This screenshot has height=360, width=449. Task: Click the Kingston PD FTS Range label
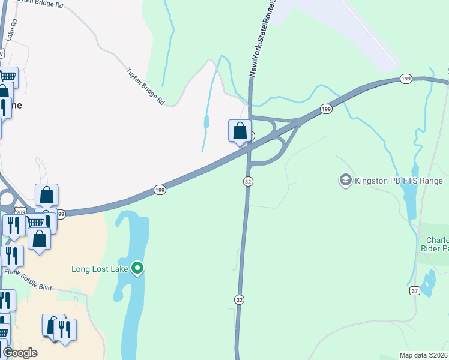pyautogui.click(x=399, y=181)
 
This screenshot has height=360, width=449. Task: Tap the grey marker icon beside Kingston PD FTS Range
pyautogui.click(x=345, y=180)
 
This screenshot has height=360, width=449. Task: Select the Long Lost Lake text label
pyautogui.click(x=100, y=268)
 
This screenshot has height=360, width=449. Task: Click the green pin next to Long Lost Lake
pyautogui.click(x=137, y=268)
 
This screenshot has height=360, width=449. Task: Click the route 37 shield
pyautogui.click(x=414, y=291)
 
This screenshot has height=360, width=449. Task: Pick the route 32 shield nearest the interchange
pyautogui.click(x=247, y=181)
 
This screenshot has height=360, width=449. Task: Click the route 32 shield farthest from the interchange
pyautogui.click(x=240, y=299)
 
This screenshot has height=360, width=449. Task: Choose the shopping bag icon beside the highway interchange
pyautogui.click(x=240, y=131)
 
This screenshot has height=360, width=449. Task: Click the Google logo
pyautogui.click(x=20, y=353)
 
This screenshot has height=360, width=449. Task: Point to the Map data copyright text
pyautogui.click(x=423, y=355)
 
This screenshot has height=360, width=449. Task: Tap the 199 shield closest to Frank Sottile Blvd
pyautogui.click(x=60, y=214)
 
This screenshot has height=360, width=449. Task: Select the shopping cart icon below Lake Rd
pyautogui.click(x=7, y=77)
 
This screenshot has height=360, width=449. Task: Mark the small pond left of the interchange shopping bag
pyautogui.click(x=206, y=122)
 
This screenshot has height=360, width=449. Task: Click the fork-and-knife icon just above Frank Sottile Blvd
pyautogui.click(x=11, y=255)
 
